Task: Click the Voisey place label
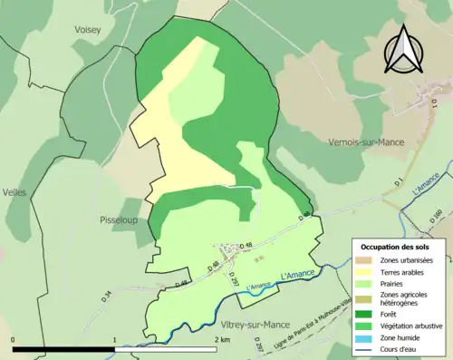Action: (x=89, y=29)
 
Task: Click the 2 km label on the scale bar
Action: (x=221, y=339)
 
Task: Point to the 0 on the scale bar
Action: (x=14, y=339)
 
